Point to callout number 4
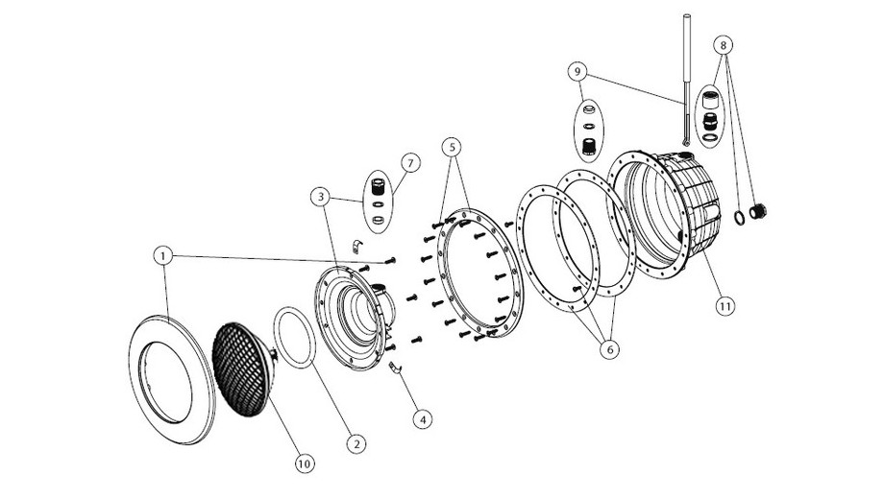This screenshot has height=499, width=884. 419,418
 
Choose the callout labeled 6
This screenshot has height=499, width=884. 609,350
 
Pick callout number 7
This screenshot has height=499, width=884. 409,163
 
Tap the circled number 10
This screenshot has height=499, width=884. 304,463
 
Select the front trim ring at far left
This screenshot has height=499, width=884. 172,376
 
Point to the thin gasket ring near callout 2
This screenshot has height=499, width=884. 294,336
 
